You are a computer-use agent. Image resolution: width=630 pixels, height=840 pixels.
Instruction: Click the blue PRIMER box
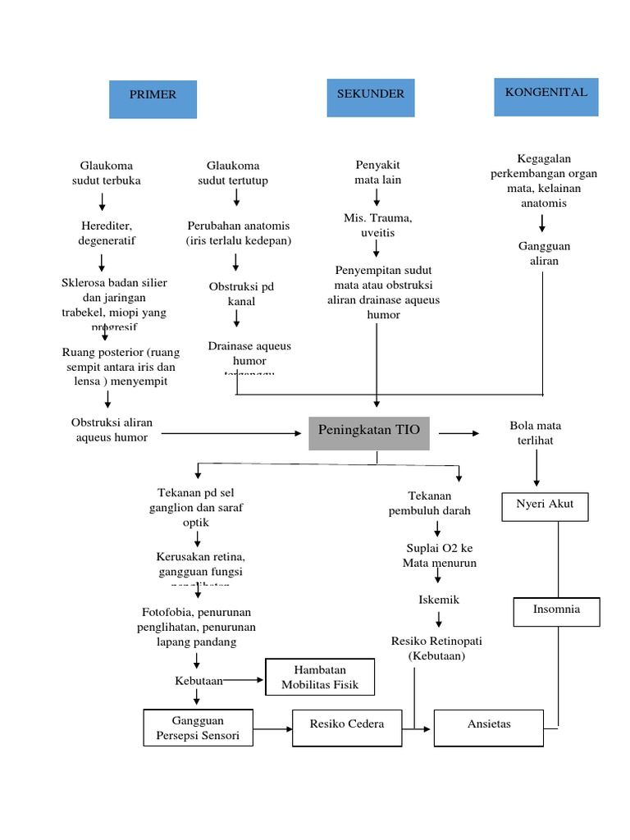[x=153, y=99]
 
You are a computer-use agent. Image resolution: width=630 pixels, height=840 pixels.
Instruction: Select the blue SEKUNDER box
[x=371, y=98]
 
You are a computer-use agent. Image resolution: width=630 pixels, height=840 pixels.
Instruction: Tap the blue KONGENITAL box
[x=546, y=97]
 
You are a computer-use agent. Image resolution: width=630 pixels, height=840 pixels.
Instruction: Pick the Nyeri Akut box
[x=545, y=506]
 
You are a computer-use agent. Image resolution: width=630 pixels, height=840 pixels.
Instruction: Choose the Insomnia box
[x=557, y=611]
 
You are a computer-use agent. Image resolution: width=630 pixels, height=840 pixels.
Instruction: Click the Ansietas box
[x=488, y=726]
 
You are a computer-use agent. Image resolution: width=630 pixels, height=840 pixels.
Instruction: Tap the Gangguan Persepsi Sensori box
[x=199, y=728]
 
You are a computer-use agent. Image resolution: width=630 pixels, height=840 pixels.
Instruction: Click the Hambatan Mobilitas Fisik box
[x=320, y=678]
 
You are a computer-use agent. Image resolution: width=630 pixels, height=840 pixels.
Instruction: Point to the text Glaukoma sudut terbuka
[x=107, y=173]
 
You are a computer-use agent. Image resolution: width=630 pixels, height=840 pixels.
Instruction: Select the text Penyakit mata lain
[x=377, y=172]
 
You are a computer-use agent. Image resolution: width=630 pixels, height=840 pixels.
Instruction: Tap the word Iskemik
[x=439, y=600]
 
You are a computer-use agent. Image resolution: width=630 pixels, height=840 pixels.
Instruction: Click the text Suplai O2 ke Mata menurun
[x=439, y=555]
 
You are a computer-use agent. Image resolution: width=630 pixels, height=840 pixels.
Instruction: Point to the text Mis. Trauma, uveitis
[x=377, y=226]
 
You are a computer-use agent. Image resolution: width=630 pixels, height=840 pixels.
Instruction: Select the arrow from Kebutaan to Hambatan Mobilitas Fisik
[x=244, y=680]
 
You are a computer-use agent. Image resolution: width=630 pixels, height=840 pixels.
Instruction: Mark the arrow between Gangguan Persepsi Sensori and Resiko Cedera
[x=273, y=728]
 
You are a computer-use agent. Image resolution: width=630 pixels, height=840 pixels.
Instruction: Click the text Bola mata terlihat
[x=536, y=433]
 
